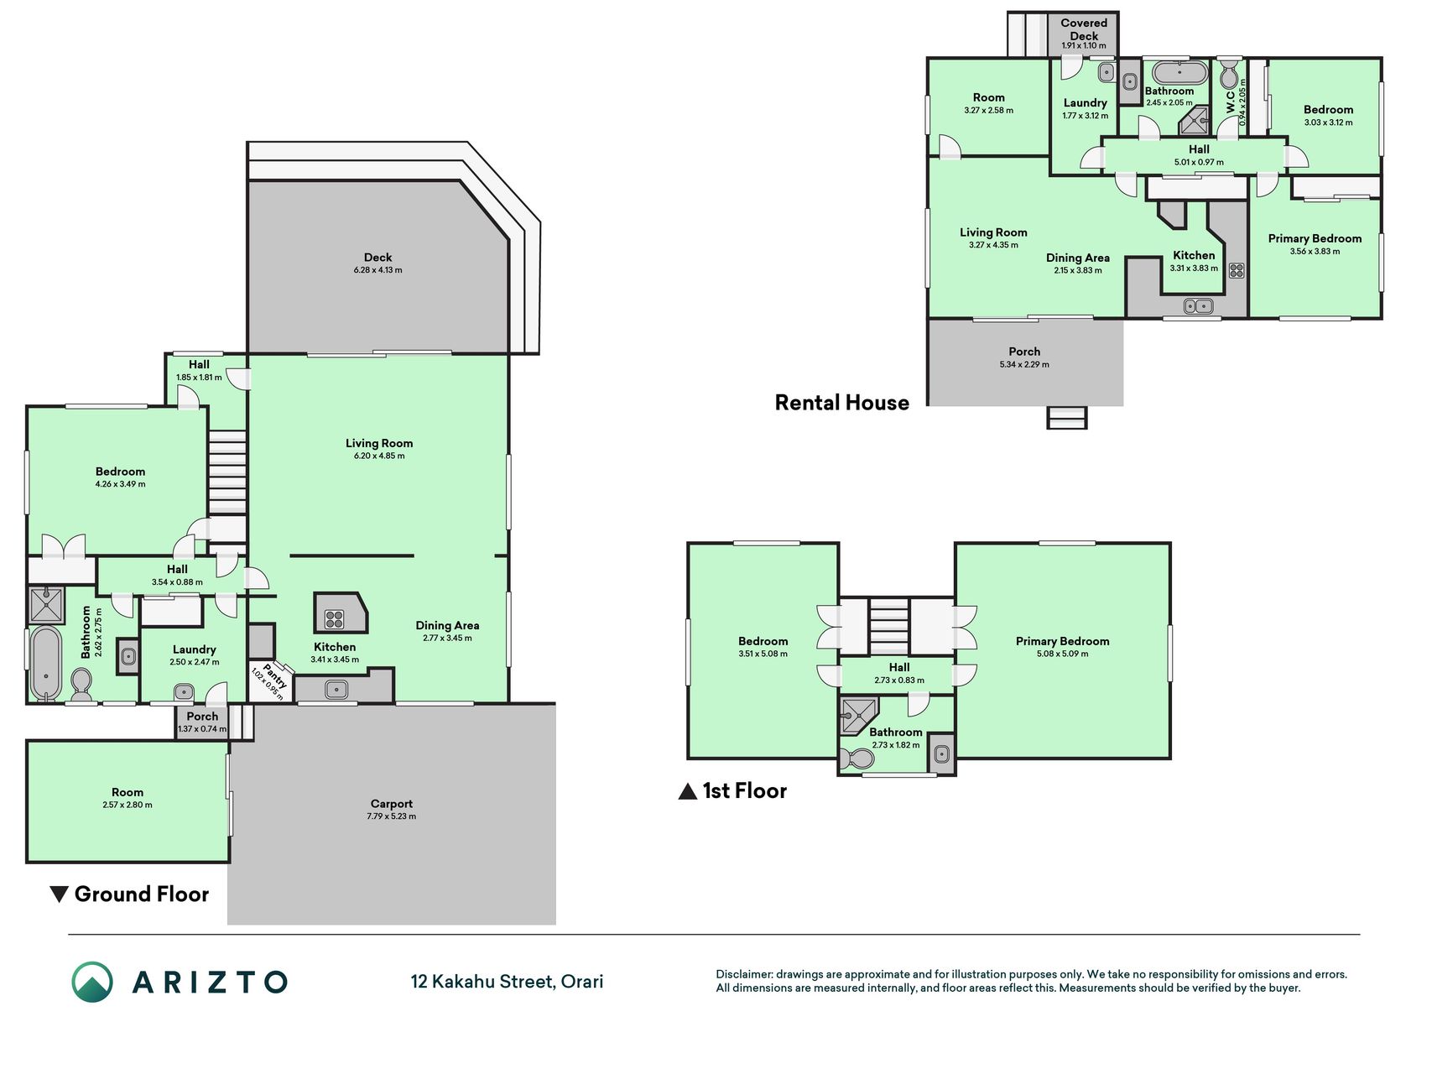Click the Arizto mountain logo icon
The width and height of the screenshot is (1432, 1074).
tap(92, 982)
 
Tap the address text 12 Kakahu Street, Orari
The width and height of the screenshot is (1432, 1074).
tap(507, 982)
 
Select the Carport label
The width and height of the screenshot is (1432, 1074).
tap(391, 804)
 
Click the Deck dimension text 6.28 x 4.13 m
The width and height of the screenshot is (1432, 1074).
tap(378, 270)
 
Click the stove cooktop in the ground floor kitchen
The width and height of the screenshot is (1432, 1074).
tap(335, 620)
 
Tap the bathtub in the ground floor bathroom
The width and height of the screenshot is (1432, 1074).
tap(46, 663)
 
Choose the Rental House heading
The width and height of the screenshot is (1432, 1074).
tap(841, 403)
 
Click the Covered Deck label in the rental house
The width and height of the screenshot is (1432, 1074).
tap(1084, 29)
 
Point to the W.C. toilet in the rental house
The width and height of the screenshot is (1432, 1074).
tap(1229, 75)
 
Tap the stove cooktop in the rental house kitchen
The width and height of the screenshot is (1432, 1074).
tap(1237, 270)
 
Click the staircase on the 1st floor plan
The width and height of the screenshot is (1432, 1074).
tap(888, 626)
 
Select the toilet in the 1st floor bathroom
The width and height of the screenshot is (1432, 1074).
tap(857, 759)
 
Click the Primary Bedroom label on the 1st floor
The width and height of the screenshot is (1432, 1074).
tap(1062, 641)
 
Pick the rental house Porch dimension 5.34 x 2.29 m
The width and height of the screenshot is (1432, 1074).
tap(1024, 365)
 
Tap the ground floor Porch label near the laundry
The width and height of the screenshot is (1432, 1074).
tap(202, 717)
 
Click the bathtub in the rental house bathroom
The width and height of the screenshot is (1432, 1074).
tap(1179, 72)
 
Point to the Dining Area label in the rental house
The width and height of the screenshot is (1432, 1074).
tap(1078, 258)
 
